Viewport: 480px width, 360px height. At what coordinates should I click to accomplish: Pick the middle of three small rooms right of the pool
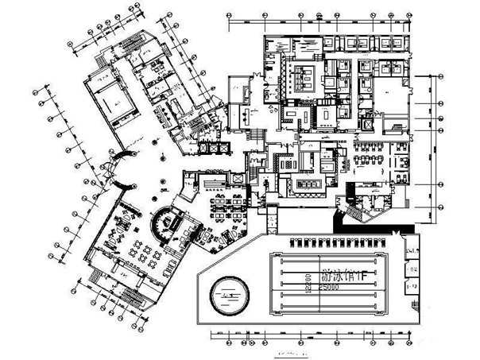[x=412, y=268]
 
